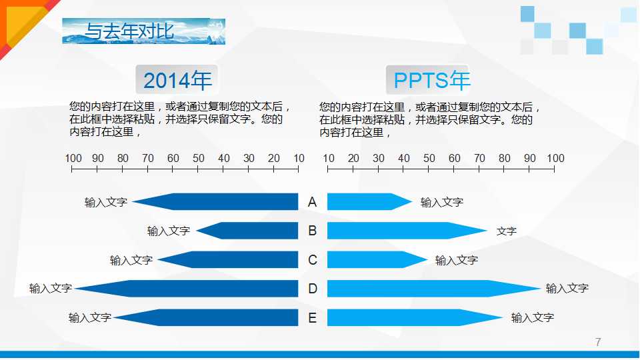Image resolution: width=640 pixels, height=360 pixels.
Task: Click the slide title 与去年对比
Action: click(x=129, y=31)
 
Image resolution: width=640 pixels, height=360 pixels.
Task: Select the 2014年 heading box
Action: click(x=177, y=81)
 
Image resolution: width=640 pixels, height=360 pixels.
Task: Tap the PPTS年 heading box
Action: click(x=432, y=81)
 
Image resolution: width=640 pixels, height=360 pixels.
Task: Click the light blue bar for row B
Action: click(x=400, y=231)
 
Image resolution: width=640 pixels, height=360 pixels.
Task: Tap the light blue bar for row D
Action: click(x=427, y=289)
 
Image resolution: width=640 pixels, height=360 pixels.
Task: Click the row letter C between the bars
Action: click(x=313, y=260)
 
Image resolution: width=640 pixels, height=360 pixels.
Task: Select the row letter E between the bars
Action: click(x=313, y=318)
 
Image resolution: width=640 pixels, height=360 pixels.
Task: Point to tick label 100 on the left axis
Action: click(x=73, y=159)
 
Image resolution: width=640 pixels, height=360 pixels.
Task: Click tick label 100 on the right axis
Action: click(x=555, y=159)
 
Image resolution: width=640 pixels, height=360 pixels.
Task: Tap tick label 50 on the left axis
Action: click(x=199, y=159)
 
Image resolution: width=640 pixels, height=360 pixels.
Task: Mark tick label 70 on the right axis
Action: click(x=479, y=159)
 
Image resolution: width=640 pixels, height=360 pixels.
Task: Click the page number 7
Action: click(x=598, y=343)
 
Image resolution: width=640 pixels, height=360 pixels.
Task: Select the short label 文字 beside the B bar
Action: click(x=507, y=231)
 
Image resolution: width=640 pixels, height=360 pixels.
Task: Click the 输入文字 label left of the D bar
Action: click(x=51, y=289)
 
